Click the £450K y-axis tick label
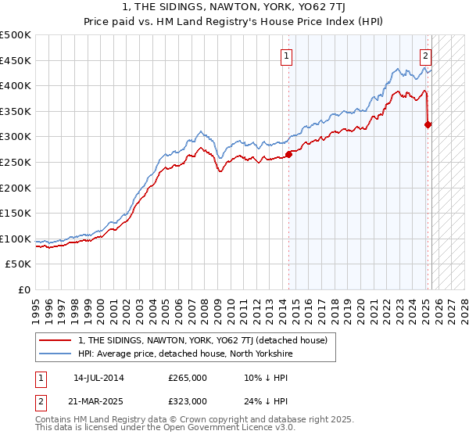(16, 60)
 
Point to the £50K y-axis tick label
(18, 264)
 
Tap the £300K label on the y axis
(16, 137)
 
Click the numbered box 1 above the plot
(287, 56)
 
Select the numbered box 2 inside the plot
(425, 56)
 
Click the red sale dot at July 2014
(288, 154)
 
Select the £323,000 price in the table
(188, 400)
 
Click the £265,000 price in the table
(188, 378)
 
